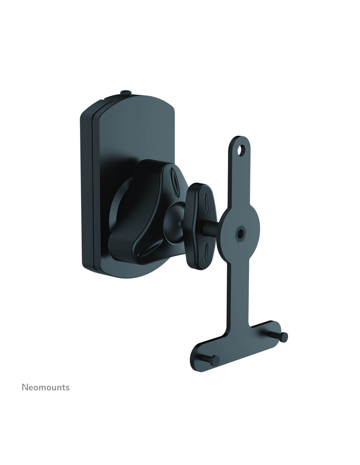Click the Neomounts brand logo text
click(45, 387)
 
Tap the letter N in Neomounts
click(25, 387)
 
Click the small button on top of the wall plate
click(126, 93)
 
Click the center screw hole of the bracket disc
click(240, 233)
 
